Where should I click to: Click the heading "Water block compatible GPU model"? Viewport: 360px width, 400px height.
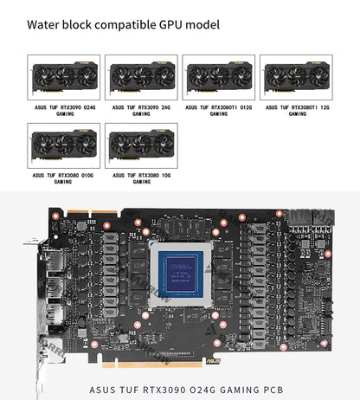point(123,24)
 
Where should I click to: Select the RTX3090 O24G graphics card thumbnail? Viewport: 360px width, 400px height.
point(63,78)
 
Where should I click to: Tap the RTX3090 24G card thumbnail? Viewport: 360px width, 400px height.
point(141,78)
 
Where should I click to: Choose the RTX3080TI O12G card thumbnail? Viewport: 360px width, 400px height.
point(218,78)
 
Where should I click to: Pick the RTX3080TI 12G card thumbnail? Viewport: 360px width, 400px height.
point(296,78)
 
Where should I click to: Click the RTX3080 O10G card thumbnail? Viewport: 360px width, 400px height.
point(63,145)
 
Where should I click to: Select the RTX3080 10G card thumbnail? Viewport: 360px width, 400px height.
point(141,145)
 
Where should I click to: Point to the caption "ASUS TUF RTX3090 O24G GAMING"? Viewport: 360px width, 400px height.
point(63,111)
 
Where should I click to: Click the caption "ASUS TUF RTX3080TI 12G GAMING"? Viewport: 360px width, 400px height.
point(297,111)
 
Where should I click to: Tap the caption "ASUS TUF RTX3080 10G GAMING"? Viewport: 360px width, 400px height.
point(141,178)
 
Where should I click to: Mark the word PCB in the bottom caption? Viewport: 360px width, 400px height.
point(269,389)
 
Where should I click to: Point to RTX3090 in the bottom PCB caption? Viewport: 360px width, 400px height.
point(176,389)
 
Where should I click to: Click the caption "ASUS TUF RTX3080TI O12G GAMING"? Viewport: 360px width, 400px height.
point(219,111)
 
